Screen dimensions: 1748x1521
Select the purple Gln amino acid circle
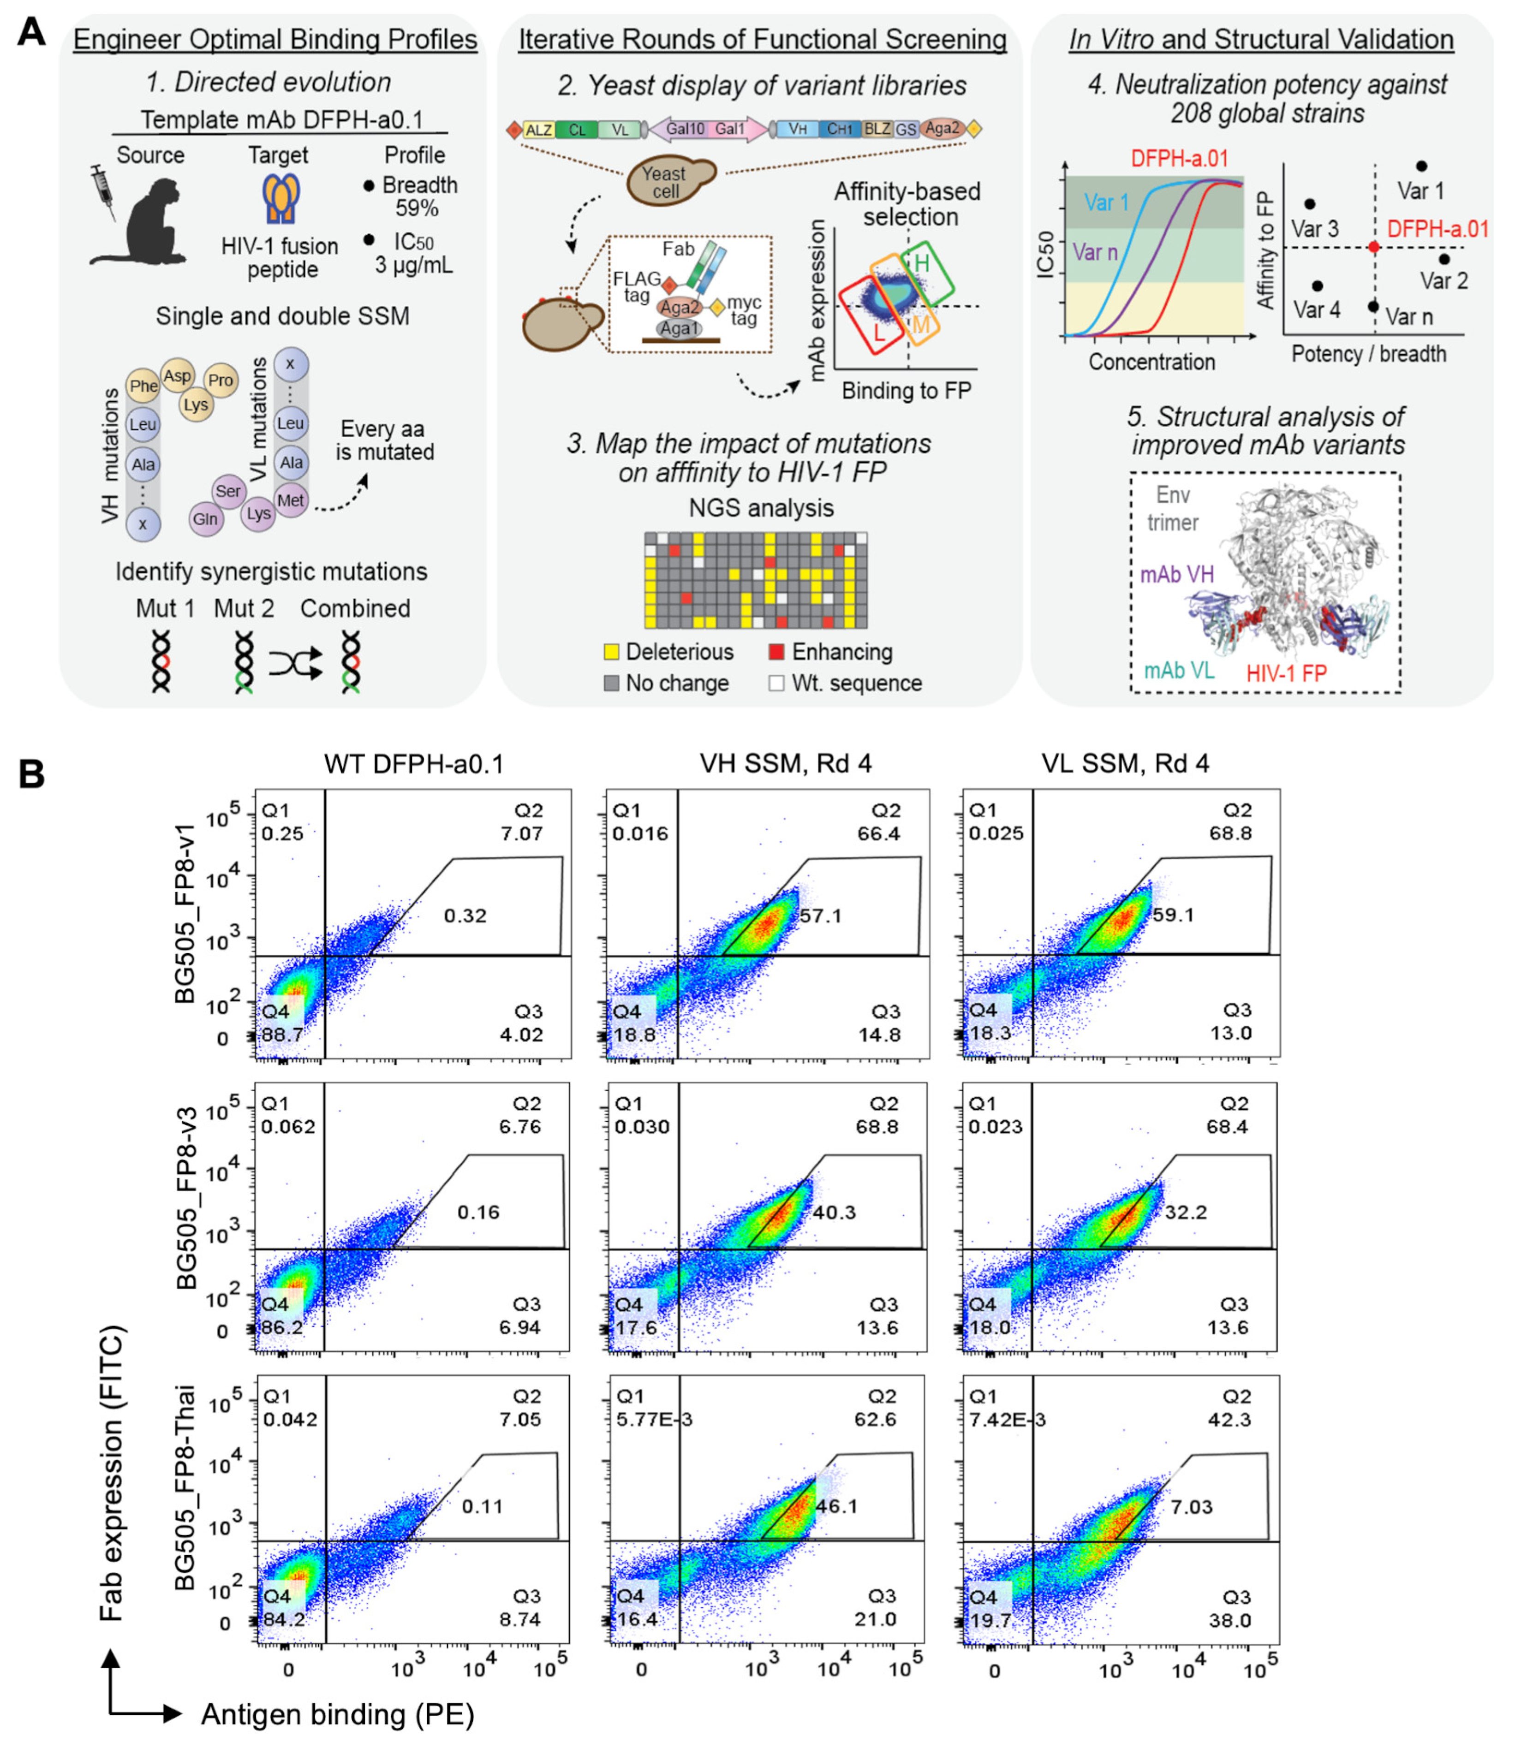[205, 519]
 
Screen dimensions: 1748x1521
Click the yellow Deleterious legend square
[610, 652]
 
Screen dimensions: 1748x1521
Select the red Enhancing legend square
[776, 652]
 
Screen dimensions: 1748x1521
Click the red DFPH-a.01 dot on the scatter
[1374, 247]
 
